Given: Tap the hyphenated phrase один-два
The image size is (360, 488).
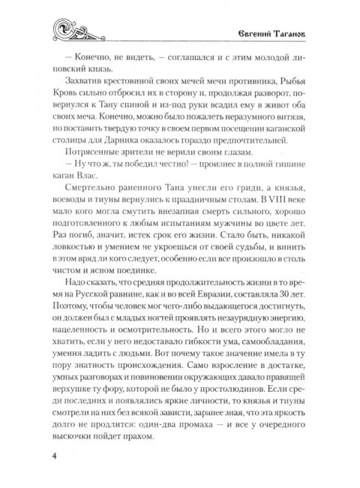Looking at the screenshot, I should coord(188,427).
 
